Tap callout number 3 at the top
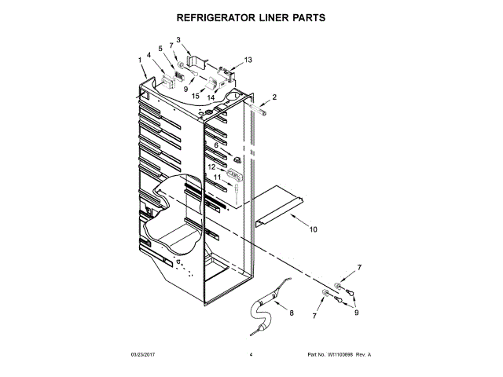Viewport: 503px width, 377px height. click(x=178, y=40)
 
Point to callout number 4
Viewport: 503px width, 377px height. click(x=149, y=55)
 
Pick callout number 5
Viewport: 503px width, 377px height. click(x=161, y=49)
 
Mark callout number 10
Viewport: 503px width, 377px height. click(x=313, y=230)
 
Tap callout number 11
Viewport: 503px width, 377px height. click(x=218, y=178)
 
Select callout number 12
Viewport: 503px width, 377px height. click(x=212, y=167)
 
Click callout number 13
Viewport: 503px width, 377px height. click(x=248, y=60)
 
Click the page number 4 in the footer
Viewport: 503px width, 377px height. click(x=251, y=355)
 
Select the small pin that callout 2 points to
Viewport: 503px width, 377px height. click(x=258, y=112)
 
